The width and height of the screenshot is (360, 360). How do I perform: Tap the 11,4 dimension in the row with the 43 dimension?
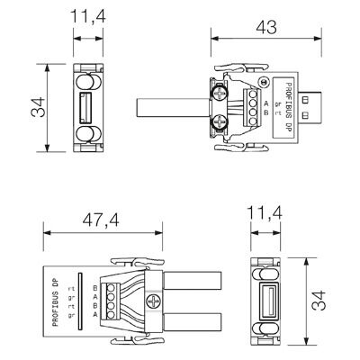87,16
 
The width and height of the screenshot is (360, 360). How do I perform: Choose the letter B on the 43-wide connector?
266,113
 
